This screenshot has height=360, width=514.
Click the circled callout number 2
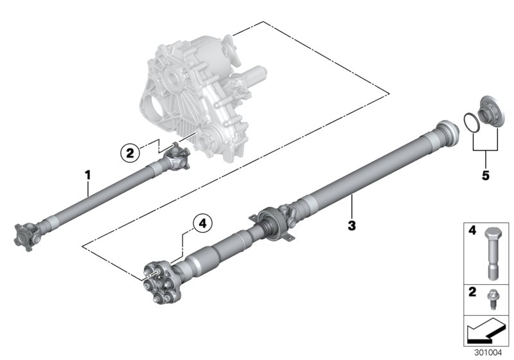(130, 153)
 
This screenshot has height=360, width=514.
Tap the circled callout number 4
(202, 224)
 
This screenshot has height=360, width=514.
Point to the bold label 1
(87, 175)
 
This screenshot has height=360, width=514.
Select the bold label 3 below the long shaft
(351, 226)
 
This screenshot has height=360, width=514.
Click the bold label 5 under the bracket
(486, 175)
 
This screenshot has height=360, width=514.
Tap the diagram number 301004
(488, 353)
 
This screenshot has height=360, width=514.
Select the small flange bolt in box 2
(492, 300)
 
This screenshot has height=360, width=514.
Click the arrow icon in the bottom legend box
(486, 331)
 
